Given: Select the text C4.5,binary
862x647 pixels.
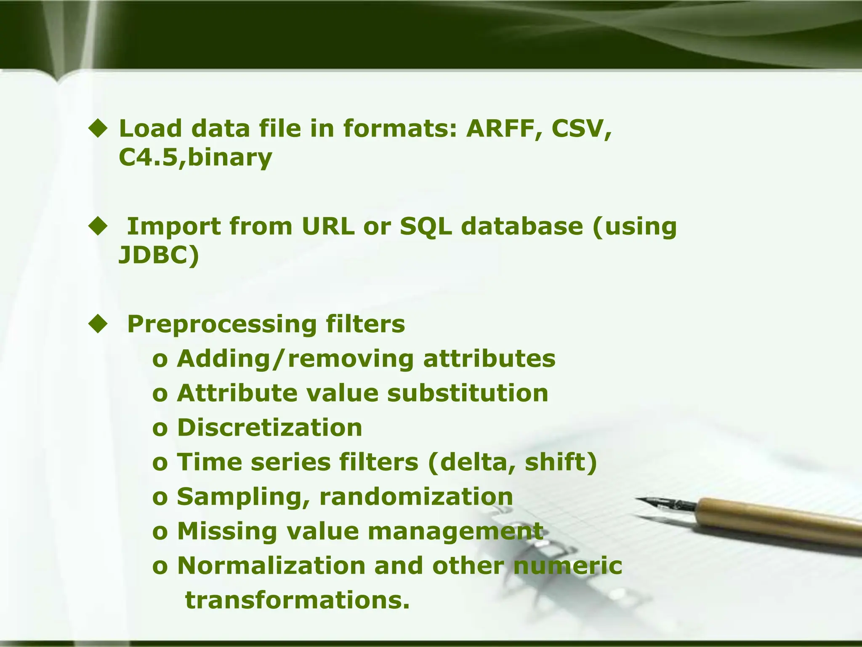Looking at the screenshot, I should tap(195, 158).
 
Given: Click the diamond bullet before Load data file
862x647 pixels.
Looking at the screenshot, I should tap(98, 129).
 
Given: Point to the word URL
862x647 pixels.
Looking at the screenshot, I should tap(328, 226).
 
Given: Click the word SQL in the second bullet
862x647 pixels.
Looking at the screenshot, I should tap(426, 227).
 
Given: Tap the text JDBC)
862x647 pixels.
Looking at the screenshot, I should tap(159, 255).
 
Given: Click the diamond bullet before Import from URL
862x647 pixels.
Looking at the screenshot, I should tap(98, 227).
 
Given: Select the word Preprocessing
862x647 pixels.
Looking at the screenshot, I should tap(222, 325).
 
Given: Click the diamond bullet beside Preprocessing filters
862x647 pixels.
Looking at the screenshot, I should tap(98, 325).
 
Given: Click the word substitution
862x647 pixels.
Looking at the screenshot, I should tap(468, 393).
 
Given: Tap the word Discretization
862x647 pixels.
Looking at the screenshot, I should tap(269, 428).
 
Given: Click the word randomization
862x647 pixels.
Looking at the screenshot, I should tap(416, 497).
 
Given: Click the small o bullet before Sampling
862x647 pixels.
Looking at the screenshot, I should tap(160, 497).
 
